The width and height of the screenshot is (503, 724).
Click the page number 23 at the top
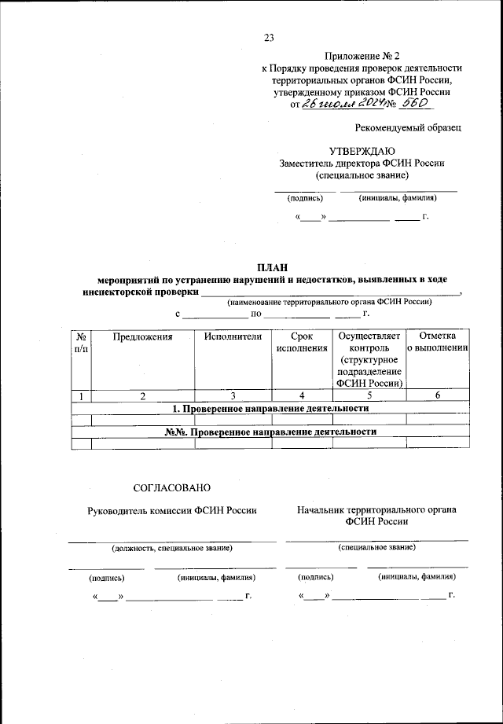(x=269, y=37)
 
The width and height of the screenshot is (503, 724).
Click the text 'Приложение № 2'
(x=362, y=56)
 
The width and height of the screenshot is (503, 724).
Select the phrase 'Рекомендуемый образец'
(x=408, y=127)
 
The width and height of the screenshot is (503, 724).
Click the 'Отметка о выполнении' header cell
(x=438, y=342)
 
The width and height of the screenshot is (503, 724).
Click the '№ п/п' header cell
(x=81, y=342)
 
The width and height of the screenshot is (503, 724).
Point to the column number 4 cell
(x=302, y=395)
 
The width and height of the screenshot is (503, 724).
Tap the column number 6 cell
(x=438, y=395)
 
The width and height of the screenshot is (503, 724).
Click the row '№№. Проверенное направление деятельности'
(x=270, y=432)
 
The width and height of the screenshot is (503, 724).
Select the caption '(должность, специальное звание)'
(x=171, y=547)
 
